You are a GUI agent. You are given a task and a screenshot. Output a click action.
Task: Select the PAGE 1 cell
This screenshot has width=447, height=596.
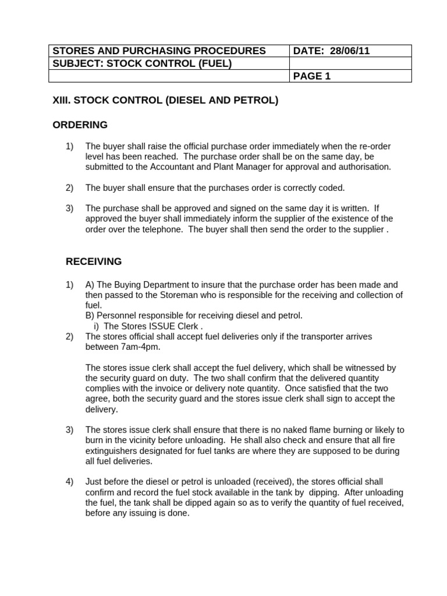[312, 76]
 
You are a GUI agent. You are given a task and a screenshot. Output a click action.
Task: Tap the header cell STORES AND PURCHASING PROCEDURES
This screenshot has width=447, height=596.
[159, 51]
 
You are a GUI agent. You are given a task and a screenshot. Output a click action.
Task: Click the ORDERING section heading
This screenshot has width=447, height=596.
[80, 125]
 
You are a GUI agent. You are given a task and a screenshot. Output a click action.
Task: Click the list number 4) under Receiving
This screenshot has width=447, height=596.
[70, 481]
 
